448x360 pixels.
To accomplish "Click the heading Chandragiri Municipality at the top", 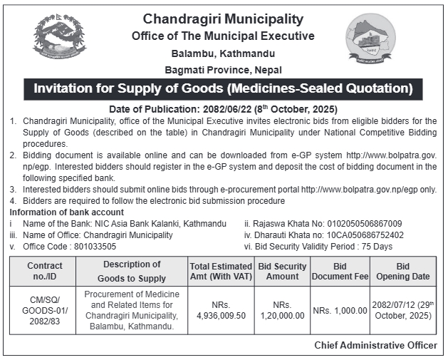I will (223, 19).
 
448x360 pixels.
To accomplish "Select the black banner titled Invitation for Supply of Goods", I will (223, 88).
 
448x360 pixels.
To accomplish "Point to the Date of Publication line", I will (223, 109).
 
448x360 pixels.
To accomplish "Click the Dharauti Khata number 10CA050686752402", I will (367, 235).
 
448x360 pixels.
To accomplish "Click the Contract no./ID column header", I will (45, 271).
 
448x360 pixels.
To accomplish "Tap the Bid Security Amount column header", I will (282, 271).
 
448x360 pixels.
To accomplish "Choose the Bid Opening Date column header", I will (403, 271).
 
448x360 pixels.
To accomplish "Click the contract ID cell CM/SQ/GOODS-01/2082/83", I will (45, 310).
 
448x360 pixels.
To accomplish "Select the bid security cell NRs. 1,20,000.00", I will (282, 310).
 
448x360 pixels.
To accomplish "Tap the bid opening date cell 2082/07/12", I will (403, 310).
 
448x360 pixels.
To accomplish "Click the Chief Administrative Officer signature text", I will (375, 345).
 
